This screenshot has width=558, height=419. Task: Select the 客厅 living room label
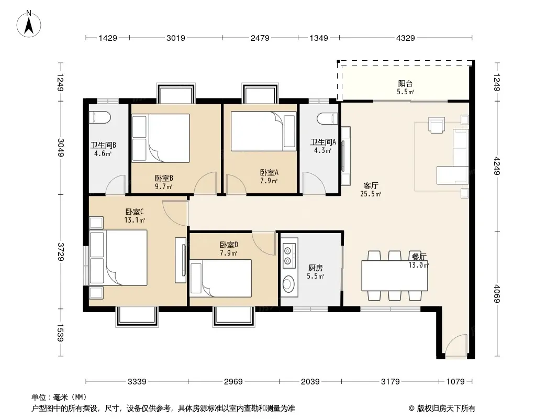click(371, 185)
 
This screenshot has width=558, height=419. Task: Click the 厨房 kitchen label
click(316, 268)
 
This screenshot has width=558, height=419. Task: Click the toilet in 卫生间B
click(99, 117)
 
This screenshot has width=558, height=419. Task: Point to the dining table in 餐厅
click(395, 276)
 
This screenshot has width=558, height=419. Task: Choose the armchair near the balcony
click(436, 125)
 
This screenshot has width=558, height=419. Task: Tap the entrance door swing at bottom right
click(454, 346)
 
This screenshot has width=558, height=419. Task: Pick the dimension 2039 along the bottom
click(310, 381)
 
